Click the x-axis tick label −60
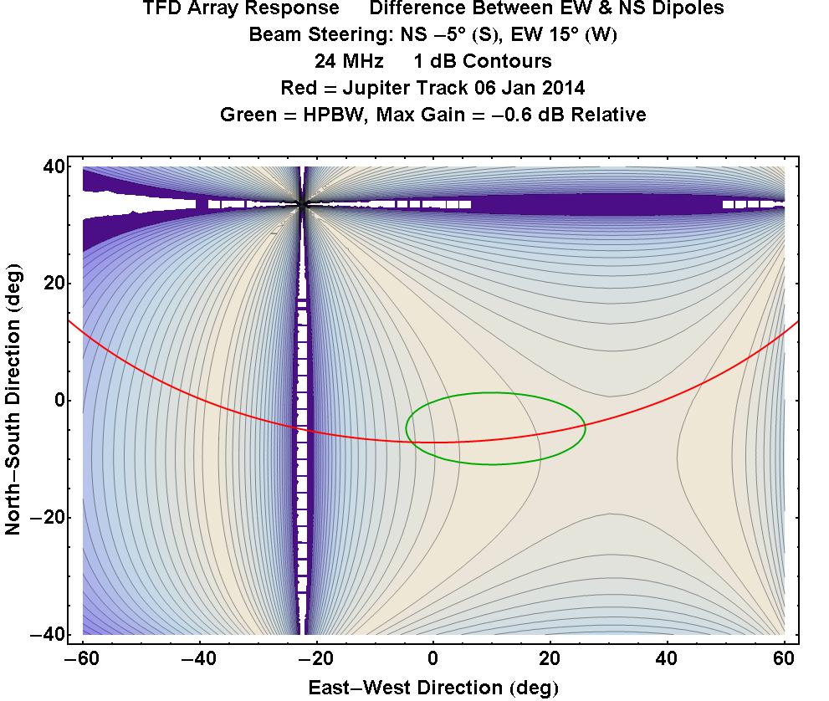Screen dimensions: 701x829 pos(82,658)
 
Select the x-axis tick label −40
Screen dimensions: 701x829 pos(198,658)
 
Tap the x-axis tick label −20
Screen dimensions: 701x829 pos(315,658)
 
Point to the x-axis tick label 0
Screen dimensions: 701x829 pos(433,658)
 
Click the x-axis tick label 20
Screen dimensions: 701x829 pos(550,658)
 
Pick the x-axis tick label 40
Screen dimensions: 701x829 pos(668,658)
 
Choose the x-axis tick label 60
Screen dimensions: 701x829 pos(785,658)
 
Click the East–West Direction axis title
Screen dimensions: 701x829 pos(432,688)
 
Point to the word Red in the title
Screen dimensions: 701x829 pos(298,88)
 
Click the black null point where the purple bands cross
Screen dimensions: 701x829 pos(303,204)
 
